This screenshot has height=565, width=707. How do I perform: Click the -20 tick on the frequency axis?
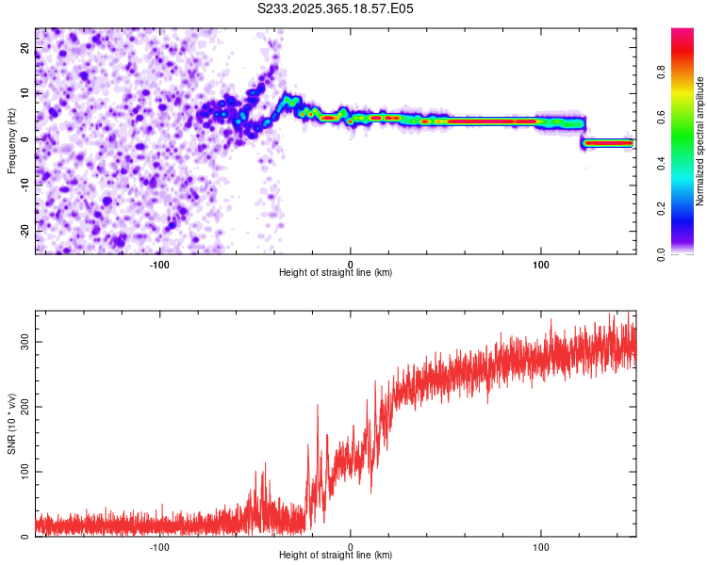(x=24, y=231)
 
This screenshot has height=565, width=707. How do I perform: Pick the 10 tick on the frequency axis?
(x=25, y=93)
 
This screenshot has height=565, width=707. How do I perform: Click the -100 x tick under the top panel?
(x=159, y=264)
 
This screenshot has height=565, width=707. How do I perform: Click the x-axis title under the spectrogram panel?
(x=336, y=273)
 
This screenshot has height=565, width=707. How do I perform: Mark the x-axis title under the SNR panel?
(x=336, y=556)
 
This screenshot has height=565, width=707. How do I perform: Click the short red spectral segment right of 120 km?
(x=608, y=143)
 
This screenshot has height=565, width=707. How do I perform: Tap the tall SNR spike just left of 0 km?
(x=317, y=407)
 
